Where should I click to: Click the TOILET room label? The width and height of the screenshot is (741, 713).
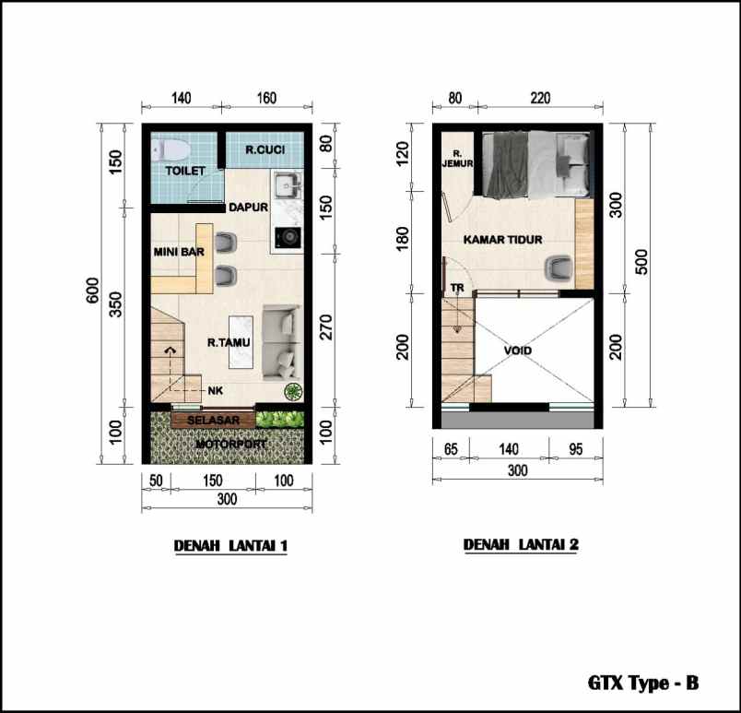point(184,172)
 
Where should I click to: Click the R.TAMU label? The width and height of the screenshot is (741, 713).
point(229,342)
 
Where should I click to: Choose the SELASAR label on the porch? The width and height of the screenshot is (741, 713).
point(213,421)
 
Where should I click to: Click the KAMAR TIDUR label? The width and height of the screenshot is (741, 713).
point(502,241)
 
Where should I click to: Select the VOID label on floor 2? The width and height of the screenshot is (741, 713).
point(518,351)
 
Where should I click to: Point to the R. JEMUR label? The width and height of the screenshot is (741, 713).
point(457,159)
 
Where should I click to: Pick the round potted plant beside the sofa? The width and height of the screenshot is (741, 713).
point(293,392)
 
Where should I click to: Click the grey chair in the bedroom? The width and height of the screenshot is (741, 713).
point(557,267)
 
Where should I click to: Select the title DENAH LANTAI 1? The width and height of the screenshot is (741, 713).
point(231,546)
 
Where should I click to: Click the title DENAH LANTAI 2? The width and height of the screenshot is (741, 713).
point(521,545)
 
